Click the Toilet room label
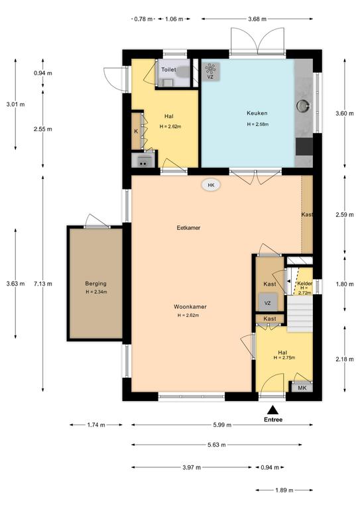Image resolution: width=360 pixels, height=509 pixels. point(168,70)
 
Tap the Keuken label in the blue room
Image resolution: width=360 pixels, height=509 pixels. point(257,113)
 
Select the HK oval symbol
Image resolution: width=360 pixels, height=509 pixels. point(211,186)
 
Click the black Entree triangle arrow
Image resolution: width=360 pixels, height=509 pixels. point(273,410)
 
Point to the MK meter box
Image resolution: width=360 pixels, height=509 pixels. point(302,388)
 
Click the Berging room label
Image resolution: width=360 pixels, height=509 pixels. point(95,284)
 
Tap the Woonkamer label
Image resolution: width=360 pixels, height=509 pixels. point(190,306)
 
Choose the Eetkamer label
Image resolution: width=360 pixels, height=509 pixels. point(188,227)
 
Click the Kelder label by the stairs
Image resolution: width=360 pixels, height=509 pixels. point(305,283)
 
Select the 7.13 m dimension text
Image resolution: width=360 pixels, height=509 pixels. point(43,284)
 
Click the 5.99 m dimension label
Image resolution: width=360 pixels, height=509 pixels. point(222,425)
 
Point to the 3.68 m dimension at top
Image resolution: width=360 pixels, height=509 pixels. point(257,19)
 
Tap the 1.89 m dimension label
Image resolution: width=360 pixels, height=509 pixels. point(284,490)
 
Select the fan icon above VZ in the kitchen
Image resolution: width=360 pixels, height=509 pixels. point(210,68)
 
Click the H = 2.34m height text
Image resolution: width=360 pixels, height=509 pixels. point(96,292)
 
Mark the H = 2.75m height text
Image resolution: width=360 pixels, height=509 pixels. point(284,358)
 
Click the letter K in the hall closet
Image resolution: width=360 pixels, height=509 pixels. point(136,131)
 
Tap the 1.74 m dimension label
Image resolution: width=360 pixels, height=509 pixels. point(96,425)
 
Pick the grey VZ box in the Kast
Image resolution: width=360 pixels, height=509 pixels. point(268,302)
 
